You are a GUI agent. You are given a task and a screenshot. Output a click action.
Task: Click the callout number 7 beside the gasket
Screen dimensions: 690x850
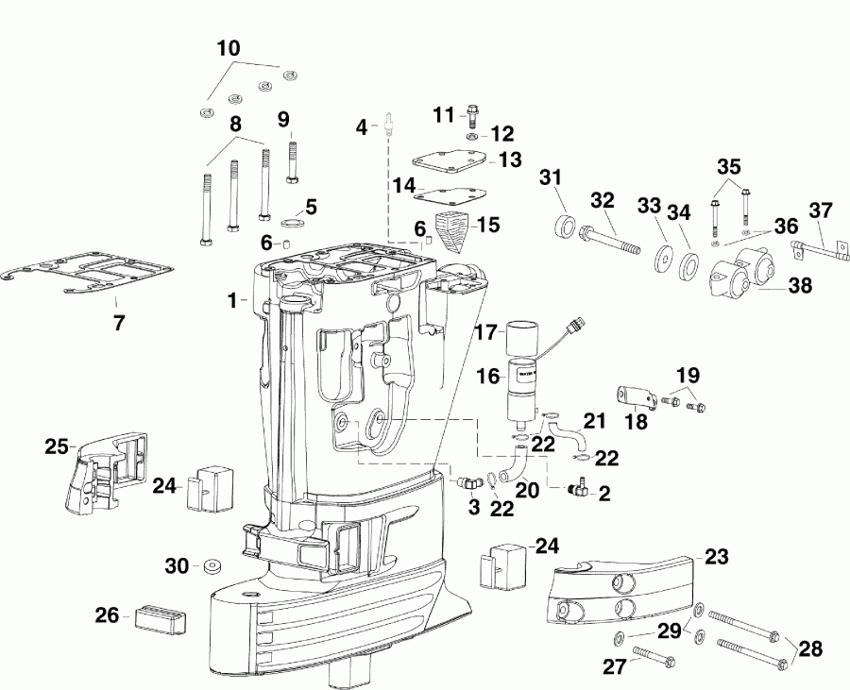tap(119, 323)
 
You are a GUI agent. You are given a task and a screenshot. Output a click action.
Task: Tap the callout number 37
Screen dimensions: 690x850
tap(821, 210)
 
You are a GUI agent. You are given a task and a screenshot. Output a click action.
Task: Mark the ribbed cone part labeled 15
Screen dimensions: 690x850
tap(454, 234)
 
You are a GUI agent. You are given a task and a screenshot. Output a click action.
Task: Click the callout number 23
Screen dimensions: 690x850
tap(717, 557)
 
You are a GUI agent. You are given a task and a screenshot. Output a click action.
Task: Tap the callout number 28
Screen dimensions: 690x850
tap(810, 648)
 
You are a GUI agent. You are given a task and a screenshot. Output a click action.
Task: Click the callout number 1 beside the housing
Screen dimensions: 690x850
tap(231, 300)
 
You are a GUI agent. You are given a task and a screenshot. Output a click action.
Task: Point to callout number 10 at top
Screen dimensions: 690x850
tap(229, 47)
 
